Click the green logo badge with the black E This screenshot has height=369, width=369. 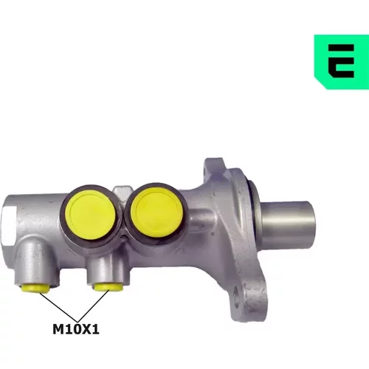click(342, 61)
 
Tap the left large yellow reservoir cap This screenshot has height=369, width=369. click(91, 215)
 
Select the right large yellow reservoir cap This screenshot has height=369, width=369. click(157, 213)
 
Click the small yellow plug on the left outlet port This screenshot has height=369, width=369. click(35, 288)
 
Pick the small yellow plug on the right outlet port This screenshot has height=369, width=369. click(108, 287)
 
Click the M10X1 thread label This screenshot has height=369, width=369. click(76, 329)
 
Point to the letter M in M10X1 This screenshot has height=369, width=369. click(58, 329)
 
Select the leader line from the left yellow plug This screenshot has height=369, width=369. click(58, 307)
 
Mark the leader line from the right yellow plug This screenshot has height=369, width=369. click(94, 306)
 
